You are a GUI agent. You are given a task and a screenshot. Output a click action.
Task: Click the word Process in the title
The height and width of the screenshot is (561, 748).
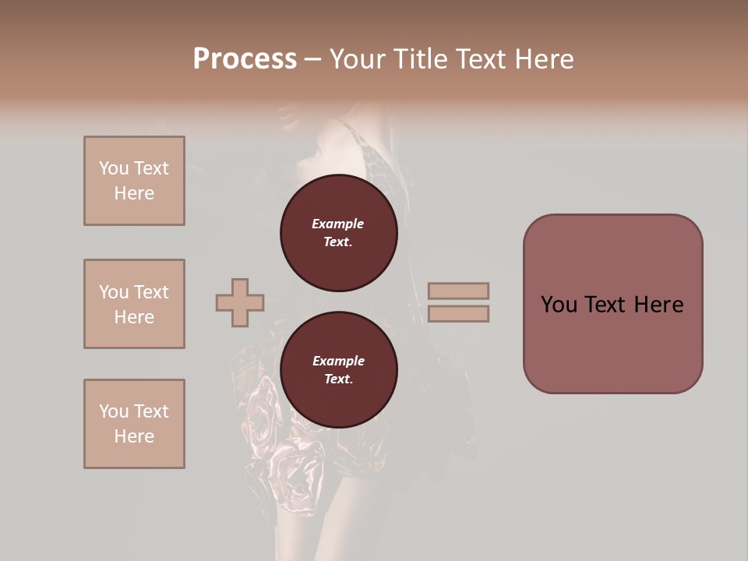tap(245, 58)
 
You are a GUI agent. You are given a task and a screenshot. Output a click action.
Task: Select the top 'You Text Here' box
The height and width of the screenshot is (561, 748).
tap(134, 181)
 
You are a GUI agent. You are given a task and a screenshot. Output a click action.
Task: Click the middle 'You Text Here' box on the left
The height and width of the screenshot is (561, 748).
tap(134, 304)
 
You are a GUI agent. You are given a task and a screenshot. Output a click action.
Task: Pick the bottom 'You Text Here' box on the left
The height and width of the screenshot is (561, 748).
tap(134, 423)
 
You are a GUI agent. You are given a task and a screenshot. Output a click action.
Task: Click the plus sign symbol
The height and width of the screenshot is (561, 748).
tap(240, 302)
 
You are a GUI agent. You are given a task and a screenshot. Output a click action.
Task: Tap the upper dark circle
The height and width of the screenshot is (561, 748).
tap(338, 233)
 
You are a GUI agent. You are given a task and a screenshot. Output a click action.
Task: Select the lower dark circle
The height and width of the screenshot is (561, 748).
tap(338, 370)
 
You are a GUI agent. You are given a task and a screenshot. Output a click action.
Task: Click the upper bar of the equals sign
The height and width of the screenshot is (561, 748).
tap(458, 291)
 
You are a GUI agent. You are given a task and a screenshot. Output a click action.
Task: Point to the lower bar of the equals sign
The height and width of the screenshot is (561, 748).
tap(458, 314)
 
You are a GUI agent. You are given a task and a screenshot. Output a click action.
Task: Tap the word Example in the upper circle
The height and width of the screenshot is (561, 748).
tap(338, 224)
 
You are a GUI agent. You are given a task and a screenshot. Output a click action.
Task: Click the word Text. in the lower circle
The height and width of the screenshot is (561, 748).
tap(338, 379)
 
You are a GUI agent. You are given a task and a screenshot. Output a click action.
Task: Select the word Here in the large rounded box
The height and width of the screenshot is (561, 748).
tap(658, 305)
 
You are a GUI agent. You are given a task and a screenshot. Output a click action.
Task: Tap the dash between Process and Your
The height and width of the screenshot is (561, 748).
tap(312, 59)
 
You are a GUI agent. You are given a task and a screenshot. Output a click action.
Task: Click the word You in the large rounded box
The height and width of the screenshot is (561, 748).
tap(559, 305)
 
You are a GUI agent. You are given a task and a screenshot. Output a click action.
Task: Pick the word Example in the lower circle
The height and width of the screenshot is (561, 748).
tap(338, 361)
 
